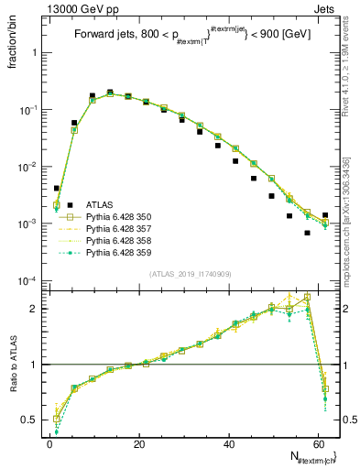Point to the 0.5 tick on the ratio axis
(x=32, y=420)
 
